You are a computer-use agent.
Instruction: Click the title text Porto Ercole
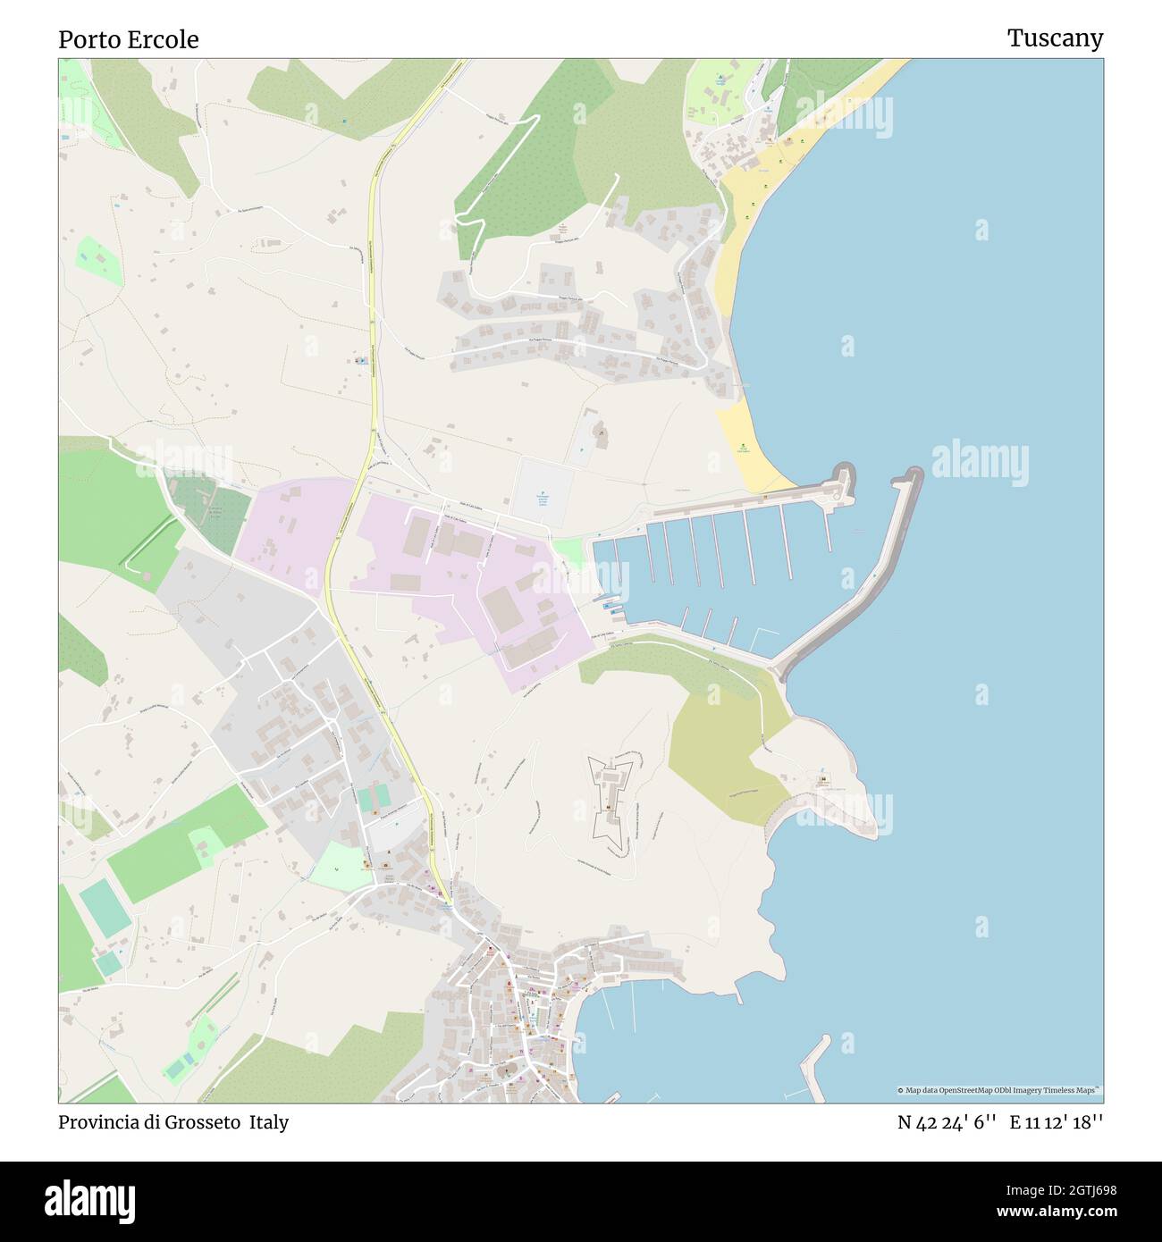pyautogui.click(x=129, y=39)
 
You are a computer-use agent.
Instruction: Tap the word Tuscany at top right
pyautogui.click(x=1055, y=38)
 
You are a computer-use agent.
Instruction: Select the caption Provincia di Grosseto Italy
pyautogui.click(x=173, y=1122)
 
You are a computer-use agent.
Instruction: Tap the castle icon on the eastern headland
pyautogui.click(x=821, y=784)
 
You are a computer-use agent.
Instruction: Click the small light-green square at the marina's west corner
pyautogui.click(x=567, y=552)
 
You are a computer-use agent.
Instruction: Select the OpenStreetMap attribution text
pyautogui.click(x=999, y=1090)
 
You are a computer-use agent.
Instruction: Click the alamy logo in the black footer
pyautogui.click(x=89, y=1200)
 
